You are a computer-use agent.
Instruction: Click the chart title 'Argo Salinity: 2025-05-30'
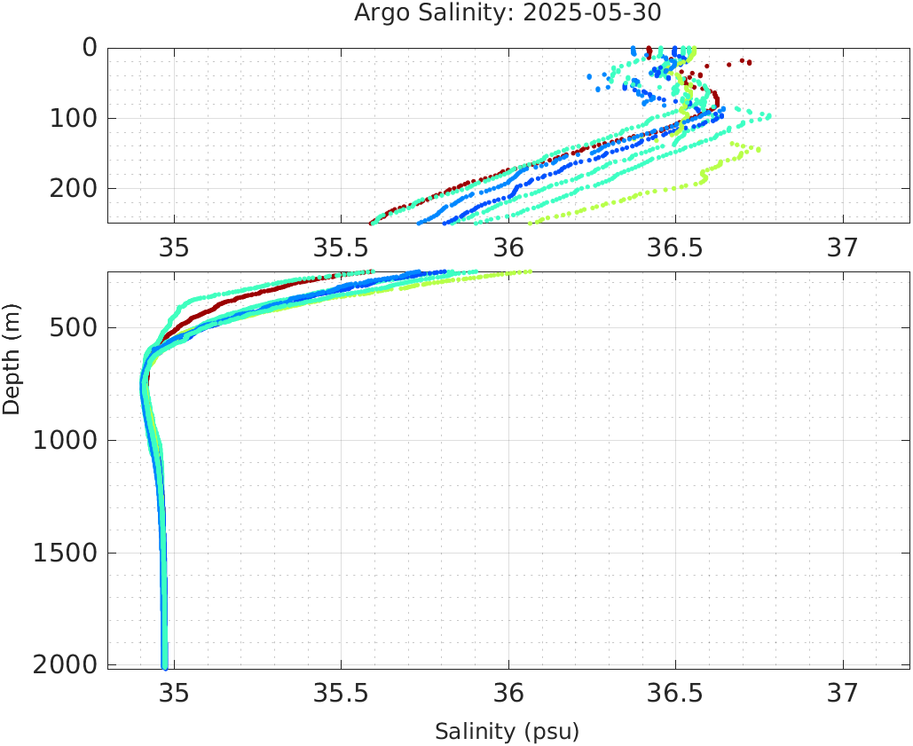(508, 13)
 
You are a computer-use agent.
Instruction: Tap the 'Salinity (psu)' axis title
(507, 732)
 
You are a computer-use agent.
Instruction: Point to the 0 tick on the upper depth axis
(90, 47)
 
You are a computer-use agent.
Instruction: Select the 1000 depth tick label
(64, 441)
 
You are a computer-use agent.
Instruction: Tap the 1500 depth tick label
(64, 553)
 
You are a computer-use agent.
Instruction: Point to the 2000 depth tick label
(64, 665)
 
